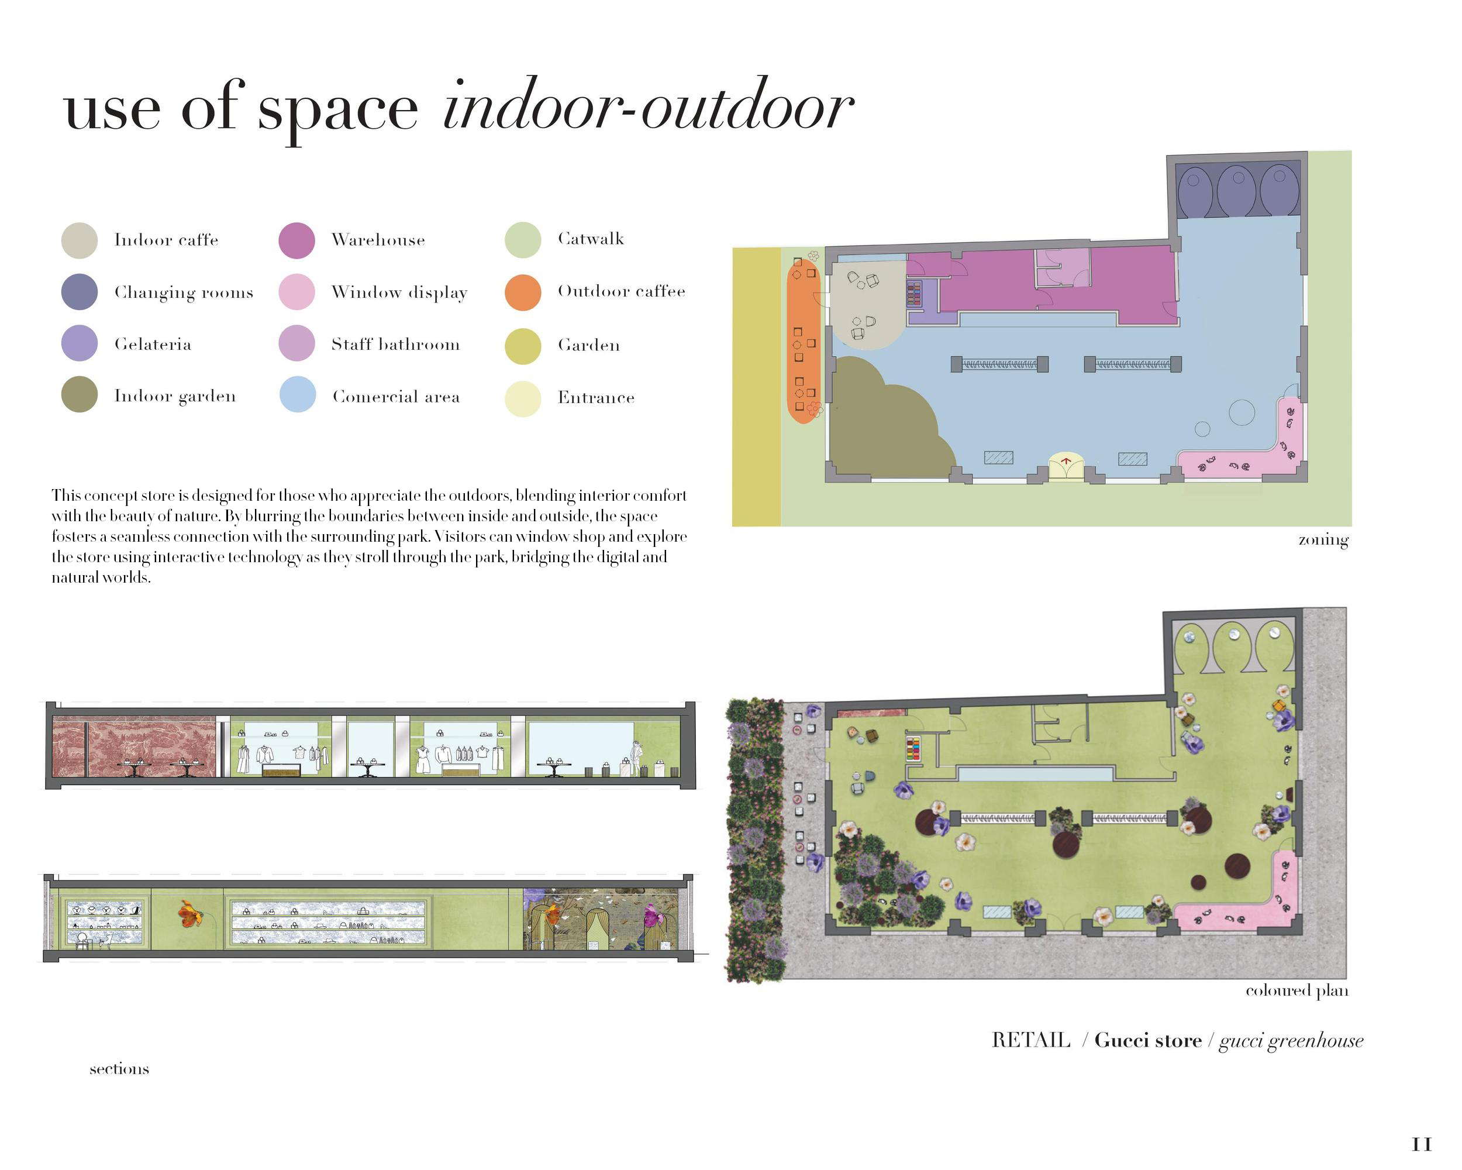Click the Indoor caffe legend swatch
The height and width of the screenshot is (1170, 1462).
[x=80, y=240]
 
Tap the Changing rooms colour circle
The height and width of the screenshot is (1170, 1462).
[x=80, y=292]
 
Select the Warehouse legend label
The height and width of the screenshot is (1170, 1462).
[x=378, y=240]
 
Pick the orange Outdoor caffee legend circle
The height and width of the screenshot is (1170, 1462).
[x=523, y=292]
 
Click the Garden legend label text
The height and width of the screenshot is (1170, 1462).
[x=588, y=345]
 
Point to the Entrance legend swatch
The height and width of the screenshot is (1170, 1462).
[x=523, y=398]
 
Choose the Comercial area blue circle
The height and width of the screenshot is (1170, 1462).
[x=298, y=395]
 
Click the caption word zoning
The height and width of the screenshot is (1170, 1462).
[x=1323, y=540]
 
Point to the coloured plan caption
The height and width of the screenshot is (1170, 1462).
[x=1297, y=990]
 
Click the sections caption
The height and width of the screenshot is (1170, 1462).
[x=119, y=1069]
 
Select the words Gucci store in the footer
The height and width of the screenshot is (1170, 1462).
[x=1148, y=1041]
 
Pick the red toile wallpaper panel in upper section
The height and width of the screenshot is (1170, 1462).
[x=135, y=746]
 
